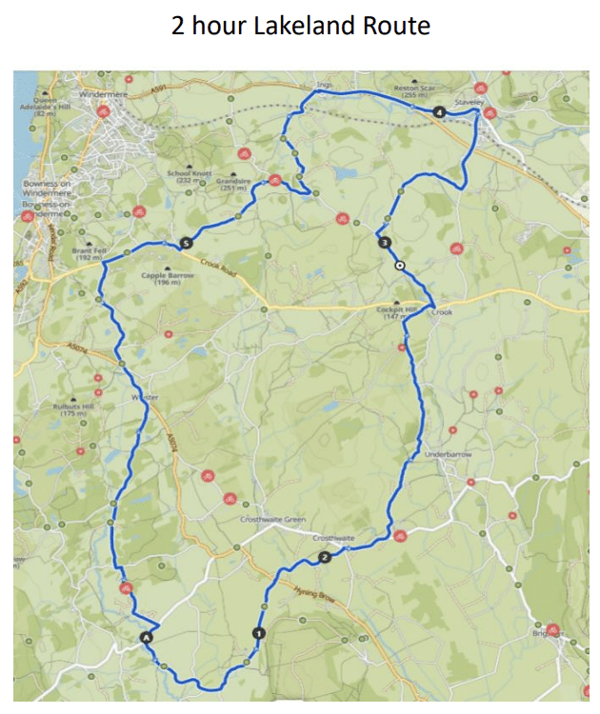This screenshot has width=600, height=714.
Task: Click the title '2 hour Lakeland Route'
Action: coord(300,26)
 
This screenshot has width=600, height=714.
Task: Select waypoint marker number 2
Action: coord(325,557)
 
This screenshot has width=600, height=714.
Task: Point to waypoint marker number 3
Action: coord(384,243)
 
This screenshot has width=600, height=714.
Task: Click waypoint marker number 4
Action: coord(438,113)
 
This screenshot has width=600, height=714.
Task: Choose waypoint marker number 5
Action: coord(184,242)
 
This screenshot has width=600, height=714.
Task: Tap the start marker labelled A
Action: coord(146,636)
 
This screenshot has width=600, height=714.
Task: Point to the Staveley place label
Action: coord(470,99)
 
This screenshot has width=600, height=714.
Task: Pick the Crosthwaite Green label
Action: coord(272,519)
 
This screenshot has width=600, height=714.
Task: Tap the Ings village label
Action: coord(325,85)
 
